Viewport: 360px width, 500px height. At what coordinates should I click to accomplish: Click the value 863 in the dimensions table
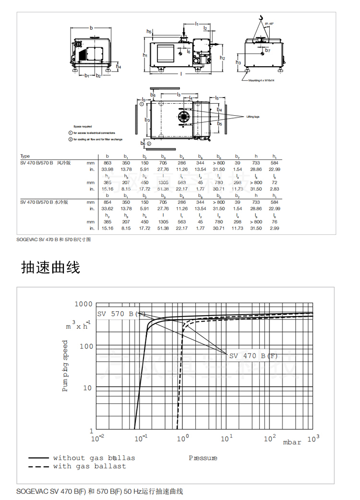point(108,163)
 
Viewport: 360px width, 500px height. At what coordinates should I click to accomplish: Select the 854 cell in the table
point(108,202)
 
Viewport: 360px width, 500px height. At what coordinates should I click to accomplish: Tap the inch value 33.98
point(108,169)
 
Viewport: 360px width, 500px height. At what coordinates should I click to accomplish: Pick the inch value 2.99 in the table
point(275,228)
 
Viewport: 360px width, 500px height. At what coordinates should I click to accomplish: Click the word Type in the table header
point(25,156)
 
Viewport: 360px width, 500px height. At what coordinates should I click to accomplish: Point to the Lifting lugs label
point(253,117)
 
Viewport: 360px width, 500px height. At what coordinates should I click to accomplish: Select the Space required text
point(83,126)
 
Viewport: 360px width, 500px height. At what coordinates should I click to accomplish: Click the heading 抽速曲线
point(50,268)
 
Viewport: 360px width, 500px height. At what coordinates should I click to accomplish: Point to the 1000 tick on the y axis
point(83,304)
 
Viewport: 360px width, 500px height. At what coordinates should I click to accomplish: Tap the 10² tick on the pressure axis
point(270,439)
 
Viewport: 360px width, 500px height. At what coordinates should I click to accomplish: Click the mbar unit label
point(292,442)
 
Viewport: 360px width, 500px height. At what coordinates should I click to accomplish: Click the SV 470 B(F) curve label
point(253,356)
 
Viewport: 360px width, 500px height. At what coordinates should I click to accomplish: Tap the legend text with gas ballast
point(89,466)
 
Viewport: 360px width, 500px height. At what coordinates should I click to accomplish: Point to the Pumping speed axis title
point(66,366)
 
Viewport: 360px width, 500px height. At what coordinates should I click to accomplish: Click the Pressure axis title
point(203,458)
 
